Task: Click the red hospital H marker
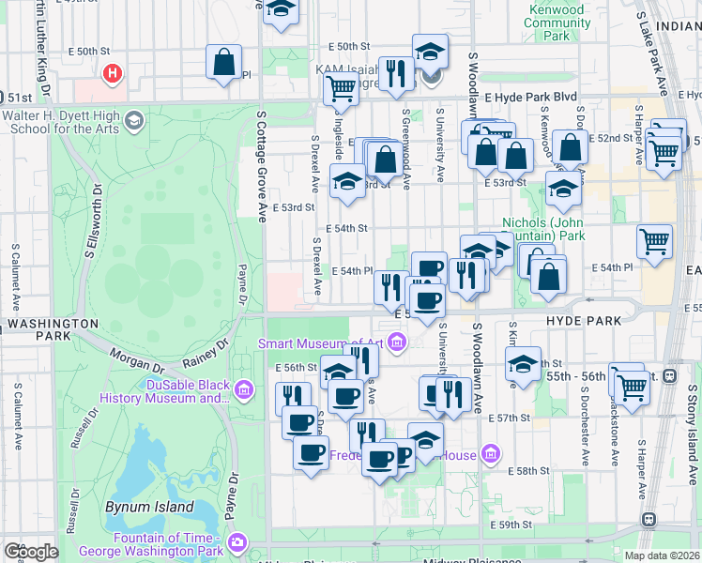coord(113,72)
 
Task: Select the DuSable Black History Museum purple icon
coord(244,388)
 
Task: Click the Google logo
coord(30,552)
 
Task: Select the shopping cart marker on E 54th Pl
coord(654,241)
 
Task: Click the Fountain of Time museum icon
coord(237,542)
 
